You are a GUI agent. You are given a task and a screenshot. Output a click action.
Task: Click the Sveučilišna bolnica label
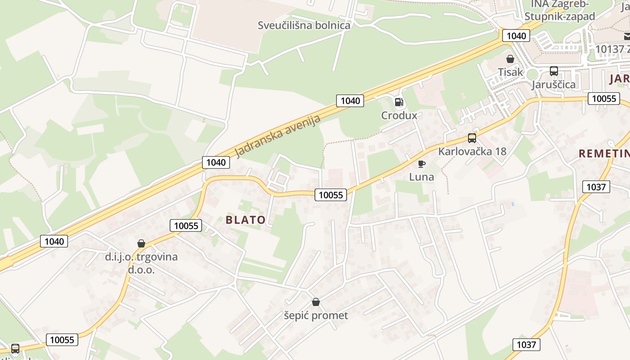click(x=304, y=25)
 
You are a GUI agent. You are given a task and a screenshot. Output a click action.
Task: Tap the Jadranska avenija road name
click(x=278, y=136)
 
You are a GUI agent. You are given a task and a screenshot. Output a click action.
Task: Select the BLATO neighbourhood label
click(x=245, y=220)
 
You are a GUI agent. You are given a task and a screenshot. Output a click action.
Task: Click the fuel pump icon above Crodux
click(x=399, y=102)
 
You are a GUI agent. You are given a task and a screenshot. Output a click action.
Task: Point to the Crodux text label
click(x=399, y=116)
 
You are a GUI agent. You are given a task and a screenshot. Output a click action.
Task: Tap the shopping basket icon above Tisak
click(x=510, y=59)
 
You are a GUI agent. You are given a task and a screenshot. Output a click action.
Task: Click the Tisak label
click(x=510, y=72)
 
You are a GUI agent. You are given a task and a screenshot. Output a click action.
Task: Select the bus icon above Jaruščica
click(x=553, y=71)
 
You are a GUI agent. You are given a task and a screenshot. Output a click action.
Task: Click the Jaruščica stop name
click(x=553, y=85)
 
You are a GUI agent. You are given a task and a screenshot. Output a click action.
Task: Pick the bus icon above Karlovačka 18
click(x=472, y=138)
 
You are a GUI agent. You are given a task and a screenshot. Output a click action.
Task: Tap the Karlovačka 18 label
click(x=472, y=151)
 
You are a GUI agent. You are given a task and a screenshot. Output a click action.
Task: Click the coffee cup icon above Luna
click(x=421, y=164)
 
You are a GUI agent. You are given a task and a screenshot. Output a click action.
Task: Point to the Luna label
click(x=422, y=177)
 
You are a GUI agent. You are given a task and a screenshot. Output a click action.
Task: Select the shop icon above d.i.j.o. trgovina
click(x=141, y=243)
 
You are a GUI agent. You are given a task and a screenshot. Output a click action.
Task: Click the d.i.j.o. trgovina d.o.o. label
click(x=141, y=263)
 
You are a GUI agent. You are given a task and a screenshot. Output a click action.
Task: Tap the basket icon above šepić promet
click(x=316, y=302)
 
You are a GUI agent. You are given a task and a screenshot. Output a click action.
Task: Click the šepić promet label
click(x=316, y=315)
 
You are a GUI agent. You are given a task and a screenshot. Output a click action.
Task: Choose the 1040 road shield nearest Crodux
click(x=350, y=100)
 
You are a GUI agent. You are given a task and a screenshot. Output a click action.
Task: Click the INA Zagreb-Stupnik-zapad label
click(x=560, y=10)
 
